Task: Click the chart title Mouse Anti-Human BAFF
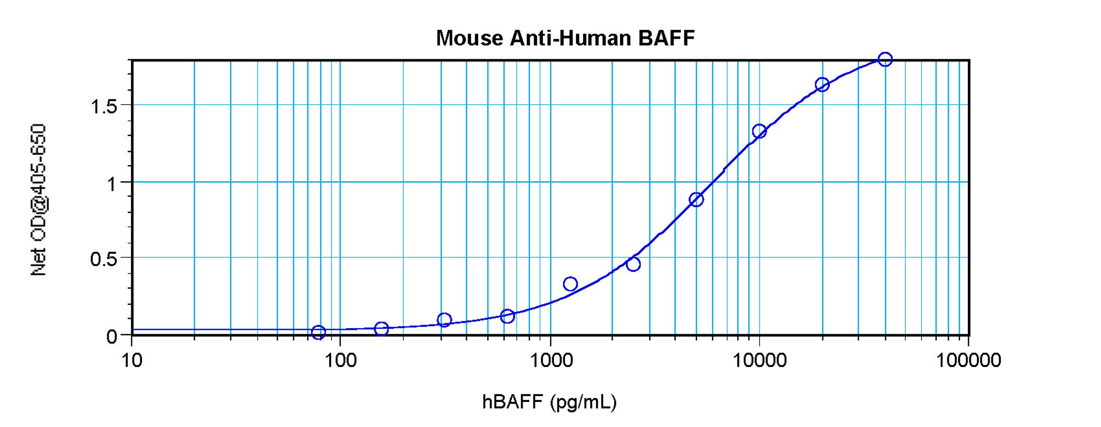[x=565, y=38]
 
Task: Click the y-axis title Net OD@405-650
[x=38, y=200]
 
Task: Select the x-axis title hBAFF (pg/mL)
[x=549, y=402]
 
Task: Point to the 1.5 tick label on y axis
[x=104, y=106]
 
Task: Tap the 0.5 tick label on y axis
[x=104, y=259]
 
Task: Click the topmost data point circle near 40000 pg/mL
[x=885, y=59]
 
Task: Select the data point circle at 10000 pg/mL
[x=759, y=131]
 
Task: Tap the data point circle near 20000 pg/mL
[x=822, y=84]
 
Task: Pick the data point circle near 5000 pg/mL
[x=696, y=199]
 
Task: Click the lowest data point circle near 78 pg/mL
[x=319, y=332]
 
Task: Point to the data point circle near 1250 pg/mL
[x=570, y=284]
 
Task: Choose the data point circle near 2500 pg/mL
[x=633, y=264]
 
